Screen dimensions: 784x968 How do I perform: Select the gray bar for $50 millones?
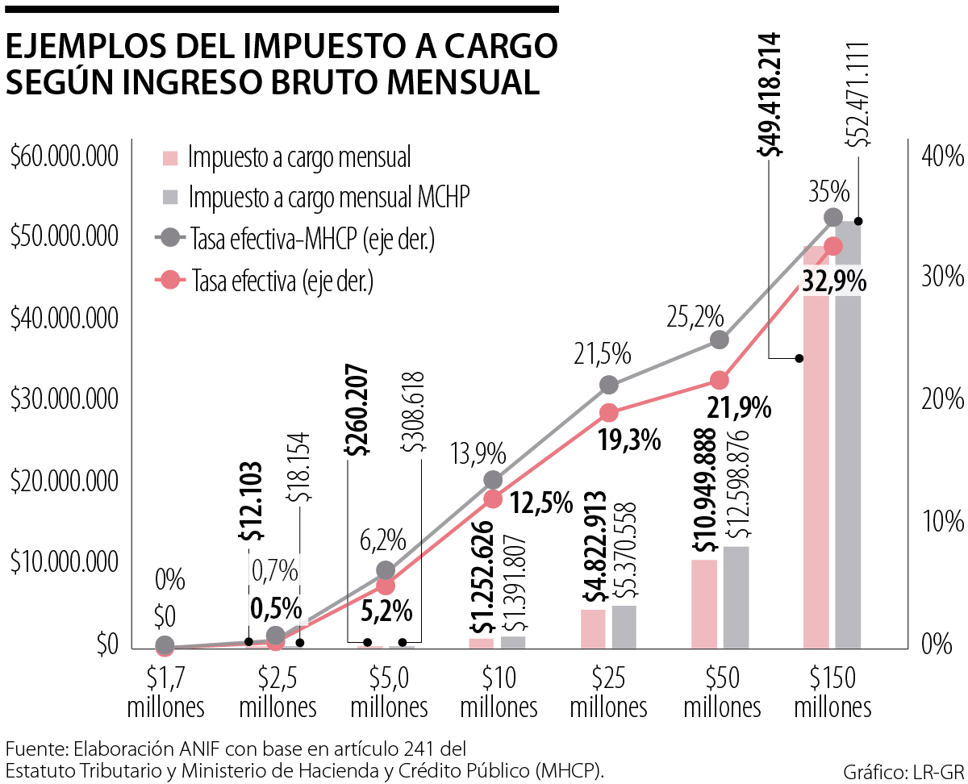click(736, 597)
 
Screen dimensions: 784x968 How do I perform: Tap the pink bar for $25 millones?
click(593, 628)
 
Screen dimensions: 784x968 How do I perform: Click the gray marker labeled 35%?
click(833, 217)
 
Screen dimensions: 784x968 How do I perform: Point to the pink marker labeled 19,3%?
click(609, 413)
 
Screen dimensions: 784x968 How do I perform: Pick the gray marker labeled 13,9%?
click(494, 480)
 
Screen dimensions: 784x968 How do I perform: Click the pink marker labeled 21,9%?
click(720, 380)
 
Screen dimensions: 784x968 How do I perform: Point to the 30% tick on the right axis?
click(942, 277)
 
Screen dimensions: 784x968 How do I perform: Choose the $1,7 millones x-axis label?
click(165, 691)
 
